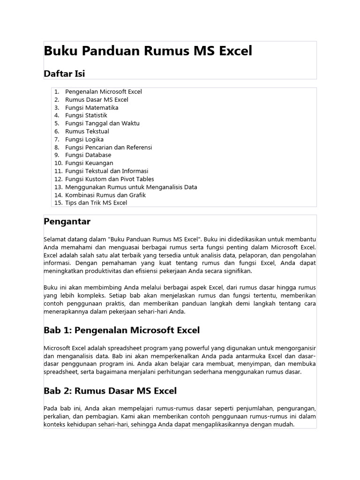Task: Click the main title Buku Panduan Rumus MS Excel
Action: coord(148,51)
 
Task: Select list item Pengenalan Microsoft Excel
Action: coord(103,92)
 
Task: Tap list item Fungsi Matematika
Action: coord(91,108)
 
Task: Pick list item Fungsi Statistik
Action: coord(86,115)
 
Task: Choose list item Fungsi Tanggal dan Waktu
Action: coord(102,123)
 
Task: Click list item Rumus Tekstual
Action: coord(87,131)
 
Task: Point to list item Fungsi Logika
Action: coord(84,139)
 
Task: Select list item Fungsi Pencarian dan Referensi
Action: coord(108,147)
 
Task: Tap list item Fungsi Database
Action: coord(88,155)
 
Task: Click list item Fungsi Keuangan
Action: coord(89,163)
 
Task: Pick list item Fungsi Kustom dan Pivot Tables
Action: coord(109,179)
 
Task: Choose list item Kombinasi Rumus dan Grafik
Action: coord(105,195)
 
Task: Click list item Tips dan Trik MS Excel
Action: coord(96,203)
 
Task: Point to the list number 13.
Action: coord(58,187)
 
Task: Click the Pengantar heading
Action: coord(67,221)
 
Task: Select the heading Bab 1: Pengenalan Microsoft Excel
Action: coord(121,330)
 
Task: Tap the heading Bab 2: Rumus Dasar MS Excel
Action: coord(110,390)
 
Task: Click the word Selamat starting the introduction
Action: coord(55,240)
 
